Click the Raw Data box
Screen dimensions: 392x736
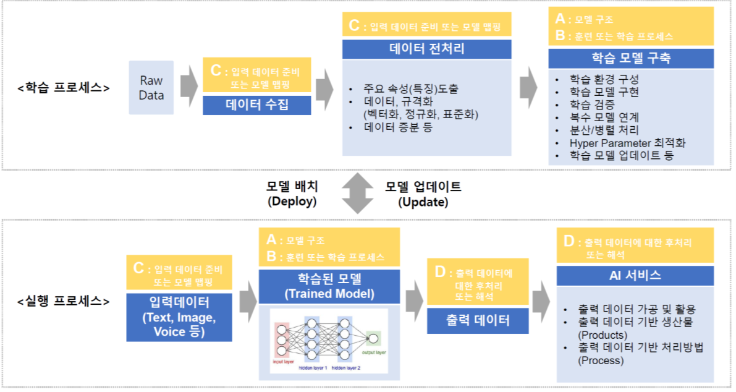click(151, 88)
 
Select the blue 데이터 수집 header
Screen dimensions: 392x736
click(257, 104)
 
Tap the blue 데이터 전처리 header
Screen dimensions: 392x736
click(427, 49)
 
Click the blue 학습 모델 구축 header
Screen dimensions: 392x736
click(631, 59)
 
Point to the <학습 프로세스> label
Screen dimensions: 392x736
click(64, 87)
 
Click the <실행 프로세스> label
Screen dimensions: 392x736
click(64, 301)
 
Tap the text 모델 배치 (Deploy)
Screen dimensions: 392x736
click(292, 194)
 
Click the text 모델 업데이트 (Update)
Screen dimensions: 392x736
click(423, 194)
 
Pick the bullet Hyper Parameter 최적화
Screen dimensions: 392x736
click(627, 143)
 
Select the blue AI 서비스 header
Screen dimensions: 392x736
click(635, 276)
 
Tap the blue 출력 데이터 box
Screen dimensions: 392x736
click(478, 320)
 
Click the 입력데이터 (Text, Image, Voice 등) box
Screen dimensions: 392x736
click(179, 317)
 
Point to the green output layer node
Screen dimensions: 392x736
click(373, 338)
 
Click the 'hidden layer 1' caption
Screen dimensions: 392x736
click(313, 367)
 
